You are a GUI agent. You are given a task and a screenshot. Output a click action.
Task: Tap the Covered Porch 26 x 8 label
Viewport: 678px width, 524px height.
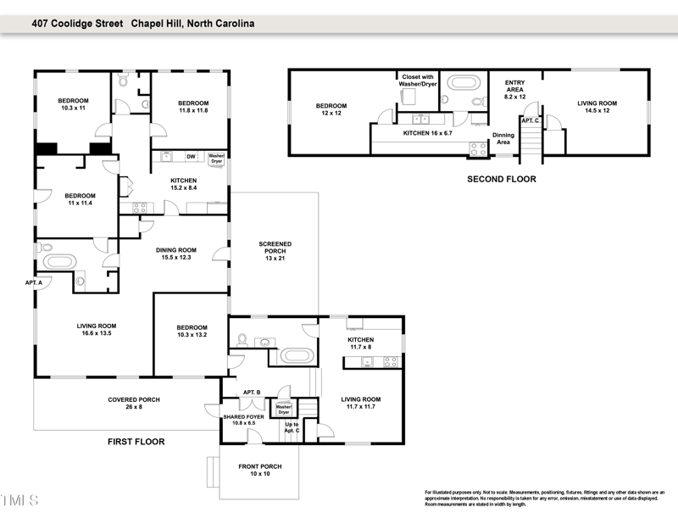click(x=133, y=404)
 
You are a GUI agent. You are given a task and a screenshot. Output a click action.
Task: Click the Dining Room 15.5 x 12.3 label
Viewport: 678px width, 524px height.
click(x=175, y=254)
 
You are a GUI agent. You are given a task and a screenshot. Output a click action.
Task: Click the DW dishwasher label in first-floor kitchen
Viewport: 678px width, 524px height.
click(x=191, y=156)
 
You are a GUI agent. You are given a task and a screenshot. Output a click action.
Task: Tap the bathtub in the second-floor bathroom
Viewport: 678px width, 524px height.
click(x=464, y=85)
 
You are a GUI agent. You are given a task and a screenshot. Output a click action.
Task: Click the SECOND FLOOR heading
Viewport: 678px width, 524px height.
click(x=502, y=180)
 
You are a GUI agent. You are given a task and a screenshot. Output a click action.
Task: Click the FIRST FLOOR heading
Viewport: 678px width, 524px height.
click(x=136, y=442)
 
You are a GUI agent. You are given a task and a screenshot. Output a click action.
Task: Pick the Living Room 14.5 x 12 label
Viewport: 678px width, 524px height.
click(x=597, y=107)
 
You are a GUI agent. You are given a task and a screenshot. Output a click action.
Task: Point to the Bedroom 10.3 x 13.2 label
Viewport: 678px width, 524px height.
click(x=192, y=332)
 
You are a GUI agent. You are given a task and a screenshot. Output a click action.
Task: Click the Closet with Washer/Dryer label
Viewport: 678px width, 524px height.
click(x=419, y=81)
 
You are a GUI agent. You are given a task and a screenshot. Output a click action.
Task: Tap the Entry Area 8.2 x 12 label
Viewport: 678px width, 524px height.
click(x=514, y=89)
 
